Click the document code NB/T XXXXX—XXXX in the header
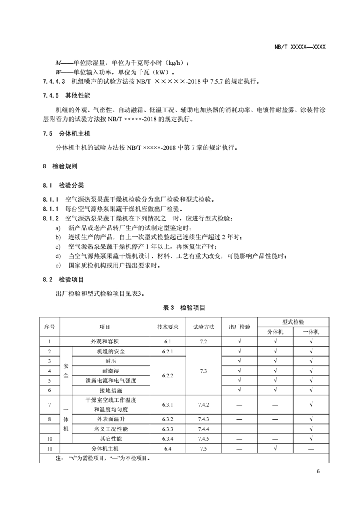coord(300,47)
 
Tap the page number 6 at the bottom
coord(318,471)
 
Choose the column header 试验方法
coord(204,327)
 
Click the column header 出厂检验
coord(239,327)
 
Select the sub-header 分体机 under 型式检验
coord(275,332)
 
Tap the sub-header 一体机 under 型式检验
coord(311,332)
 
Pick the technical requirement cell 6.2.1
coord(167,351)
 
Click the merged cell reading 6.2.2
coord(167,376)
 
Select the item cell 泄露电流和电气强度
coord(111,380)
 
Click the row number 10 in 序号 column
coord(50,439)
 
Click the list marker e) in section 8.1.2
coord(58,265)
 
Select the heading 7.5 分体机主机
coord(66,134)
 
